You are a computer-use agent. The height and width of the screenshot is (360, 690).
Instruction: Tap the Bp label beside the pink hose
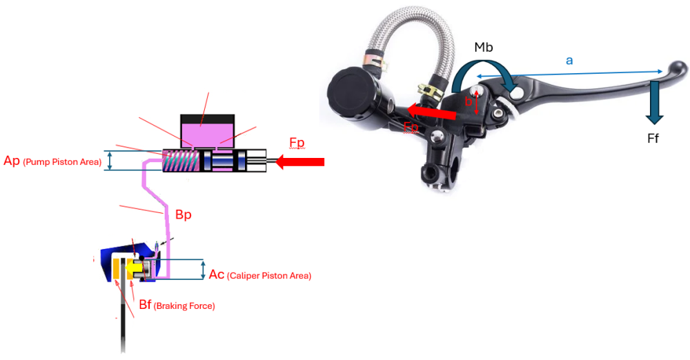183,214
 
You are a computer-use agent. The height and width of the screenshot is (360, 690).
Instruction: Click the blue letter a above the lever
569,61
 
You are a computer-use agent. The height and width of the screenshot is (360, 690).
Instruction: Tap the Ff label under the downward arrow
653,139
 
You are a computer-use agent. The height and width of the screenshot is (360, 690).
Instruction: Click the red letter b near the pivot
468,102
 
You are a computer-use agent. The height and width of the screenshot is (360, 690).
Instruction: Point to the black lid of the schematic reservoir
207,119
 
